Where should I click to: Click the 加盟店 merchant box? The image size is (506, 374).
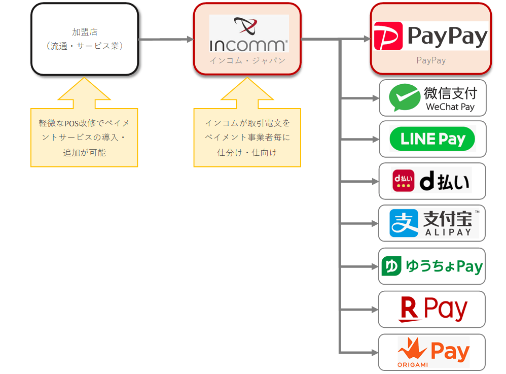pyautogui.click(x=84, y=39)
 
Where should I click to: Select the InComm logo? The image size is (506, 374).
pyautogui.click(x=248, y=34)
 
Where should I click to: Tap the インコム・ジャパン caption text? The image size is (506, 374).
pyautogui.click(x=247, y=60)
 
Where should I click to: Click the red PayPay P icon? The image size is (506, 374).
pyautogui.click(x=388, y=36)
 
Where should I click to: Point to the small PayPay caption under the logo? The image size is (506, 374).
pyautogui.click(x=431, y=60)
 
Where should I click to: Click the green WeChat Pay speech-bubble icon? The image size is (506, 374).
pyautogui.click(x=404, y=97)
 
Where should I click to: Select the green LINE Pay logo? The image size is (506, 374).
pyautogui.click(x=432, y=139)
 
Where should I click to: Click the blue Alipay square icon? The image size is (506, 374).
pyautogui.click(x=404, y=223)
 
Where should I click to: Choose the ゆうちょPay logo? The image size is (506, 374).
pyautogui.click(x=432, y=266)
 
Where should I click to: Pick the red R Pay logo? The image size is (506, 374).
pyautogui.click(x=432, y=309)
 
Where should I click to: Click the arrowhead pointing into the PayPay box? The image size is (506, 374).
pyautogui.click(x=366, y=39)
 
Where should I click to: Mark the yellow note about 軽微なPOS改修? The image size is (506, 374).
pyautogui.click(x=84, y=137)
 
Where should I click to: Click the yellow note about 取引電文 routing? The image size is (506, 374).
pyautogui.click(x=247, y=137)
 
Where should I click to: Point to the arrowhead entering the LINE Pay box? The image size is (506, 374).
pyautogui.click(x=375, y=139)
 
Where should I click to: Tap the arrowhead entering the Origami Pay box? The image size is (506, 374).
pyautogui.click(x=375, y=352)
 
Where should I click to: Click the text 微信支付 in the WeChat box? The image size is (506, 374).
pyautogui.click(x=450, y=93)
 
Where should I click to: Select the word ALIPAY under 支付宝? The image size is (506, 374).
pyautogui.click(x=448, y=232)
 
